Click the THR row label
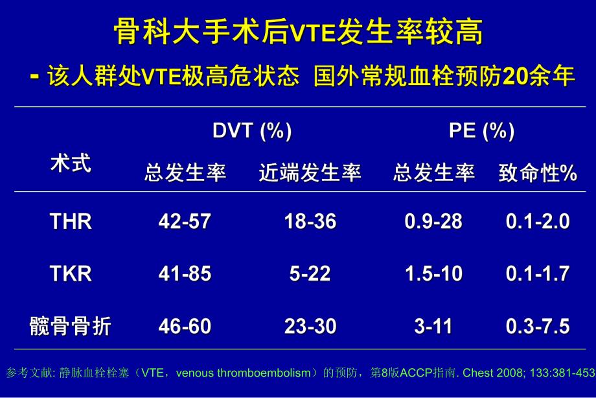click(71, 222)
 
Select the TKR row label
click(71, 274)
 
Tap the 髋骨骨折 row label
click(71, 326)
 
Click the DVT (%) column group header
click(252, 131)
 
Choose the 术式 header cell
click(71, 163)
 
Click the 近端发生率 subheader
click(310, 173)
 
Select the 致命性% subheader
click(537, 173)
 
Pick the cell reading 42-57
click(185, 222)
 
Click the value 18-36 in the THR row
click(310, 222)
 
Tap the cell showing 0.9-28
click(433, 222)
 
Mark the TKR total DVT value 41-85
click(185, 274)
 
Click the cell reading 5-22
click(310, 274)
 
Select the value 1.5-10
click(433, 274)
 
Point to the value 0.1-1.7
click(537, 274)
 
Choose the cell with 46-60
click(185, 326)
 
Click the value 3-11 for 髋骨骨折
click(433, 326)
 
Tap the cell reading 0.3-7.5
click(537, 326)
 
